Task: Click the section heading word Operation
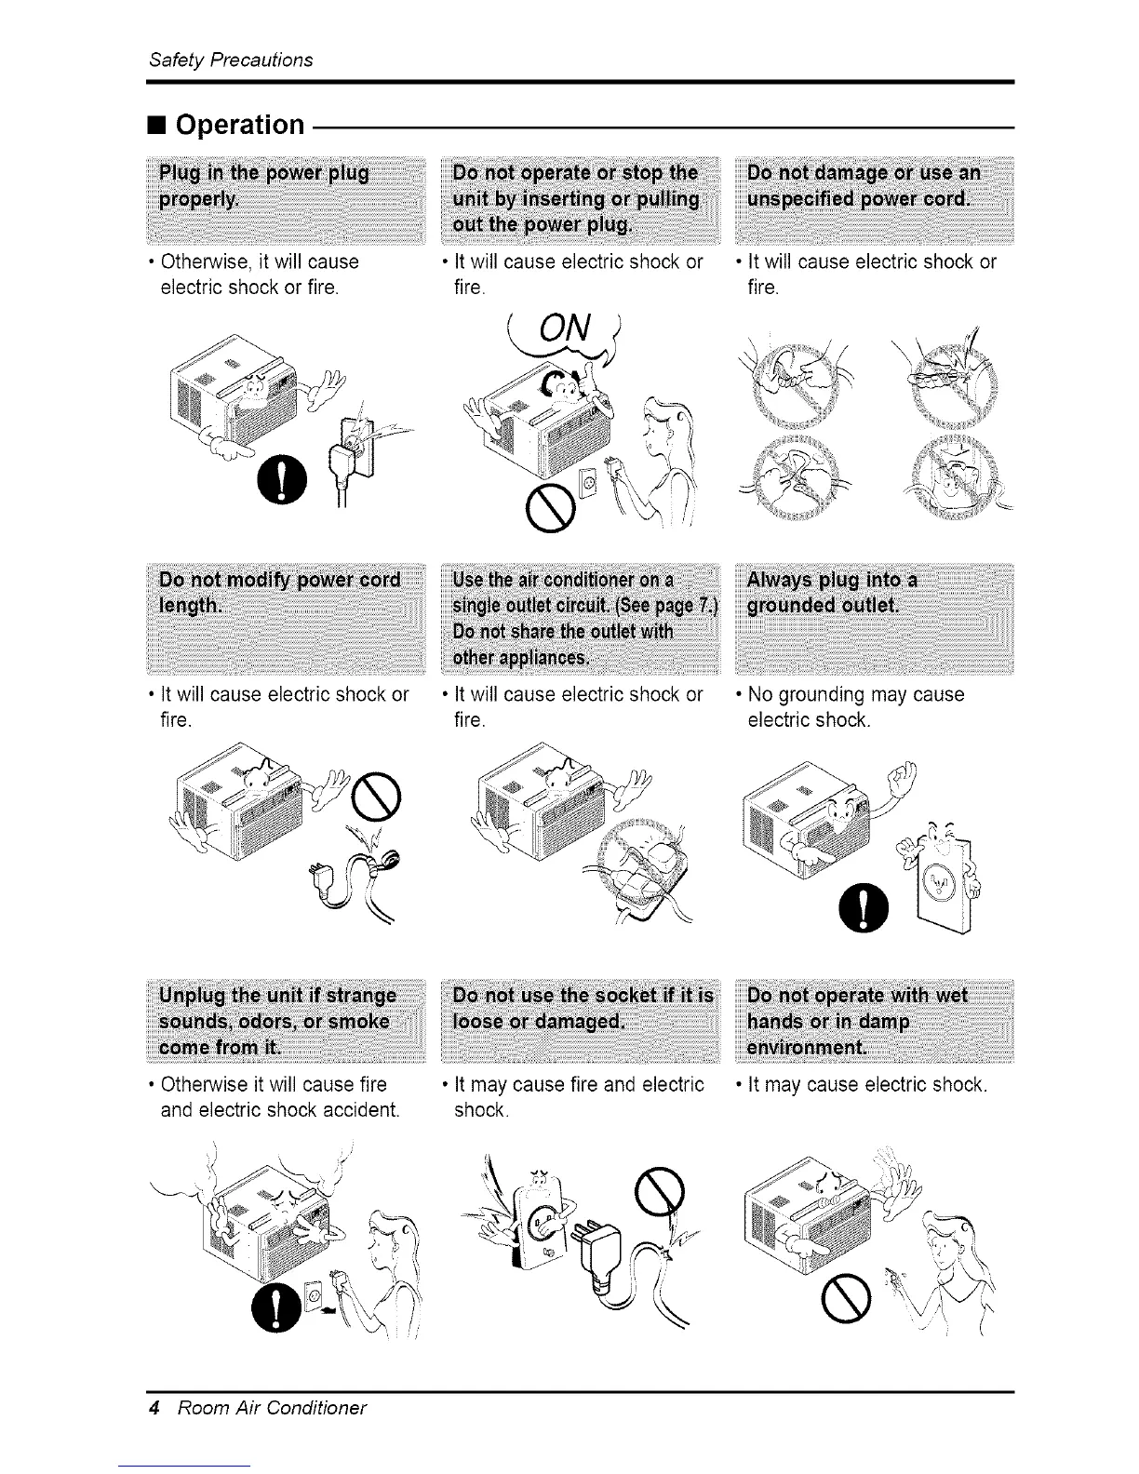coord(239,125)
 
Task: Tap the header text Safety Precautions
coord(231,60)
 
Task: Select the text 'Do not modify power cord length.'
coord(279,593)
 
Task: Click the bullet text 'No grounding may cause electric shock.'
coord(856,707)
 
